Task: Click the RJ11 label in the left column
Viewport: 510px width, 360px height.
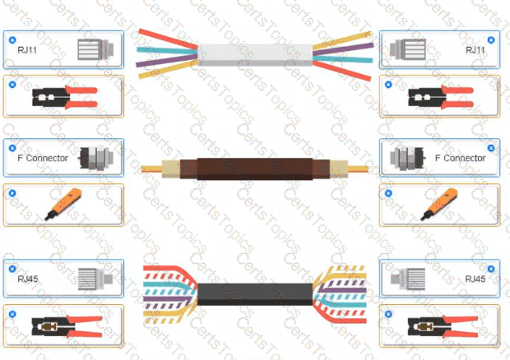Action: [x=27, y=50]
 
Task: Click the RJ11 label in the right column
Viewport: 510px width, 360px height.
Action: [x=475, y=50]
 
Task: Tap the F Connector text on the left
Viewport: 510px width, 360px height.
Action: [x=43, y=158]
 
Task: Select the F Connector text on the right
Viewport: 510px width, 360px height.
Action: [x=461, y=158]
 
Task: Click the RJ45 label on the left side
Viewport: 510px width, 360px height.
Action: [x=28, y=279]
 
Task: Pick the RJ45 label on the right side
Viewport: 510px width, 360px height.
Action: [x=475, y=279]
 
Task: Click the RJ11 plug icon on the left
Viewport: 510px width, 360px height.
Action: [x=95, y=49]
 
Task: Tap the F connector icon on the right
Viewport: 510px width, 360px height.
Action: [x=408, y=159]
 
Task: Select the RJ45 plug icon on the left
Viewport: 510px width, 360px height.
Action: [x=95, y=279]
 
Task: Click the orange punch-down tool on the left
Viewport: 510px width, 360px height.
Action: [x=64, y=204]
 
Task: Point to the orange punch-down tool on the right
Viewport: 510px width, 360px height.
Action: [x=439, y=204]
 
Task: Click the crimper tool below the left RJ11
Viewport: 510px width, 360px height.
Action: [x=65, y=97]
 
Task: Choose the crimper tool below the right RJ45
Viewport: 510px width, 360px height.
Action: [x=443, y=326]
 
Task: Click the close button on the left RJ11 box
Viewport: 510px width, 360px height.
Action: [x=12, y=40]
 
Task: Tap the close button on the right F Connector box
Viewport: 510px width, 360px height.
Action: [x=491, y=148]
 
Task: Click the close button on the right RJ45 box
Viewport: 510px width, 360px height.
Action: [x=491, y=269]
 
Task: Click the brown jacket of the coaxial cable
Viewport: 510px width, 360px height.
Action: [x=255, y=169]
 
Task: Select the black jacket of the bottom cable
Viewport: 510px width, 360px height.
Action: [x=255, y=294]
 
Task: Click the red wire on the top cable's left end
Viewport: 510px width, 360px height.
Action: [x=168, y=39]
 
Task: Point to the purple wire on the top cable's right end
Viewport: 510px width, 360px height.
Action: [x=343, y=49]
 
